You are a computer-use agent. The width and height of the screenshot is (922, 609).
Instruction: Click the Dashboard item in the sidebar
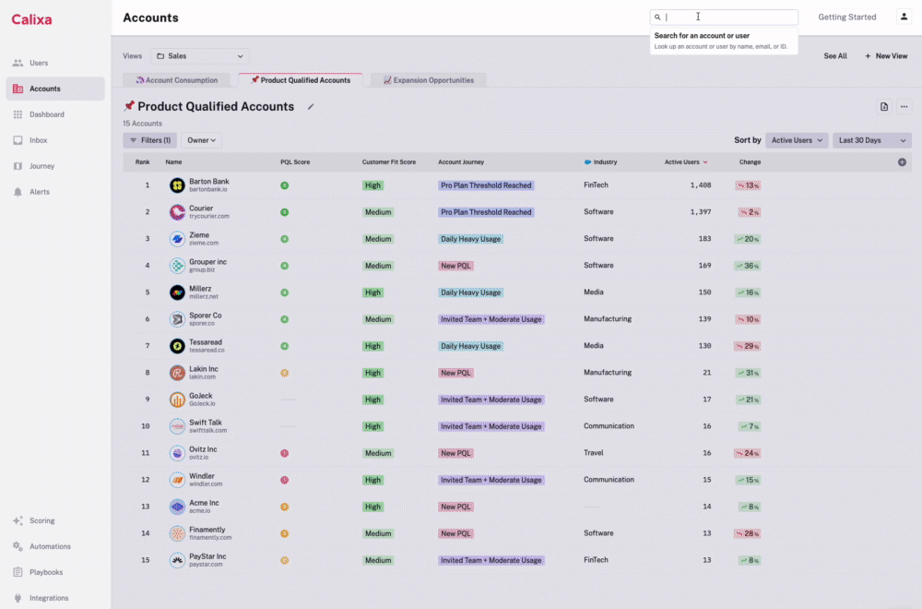click(46, 114)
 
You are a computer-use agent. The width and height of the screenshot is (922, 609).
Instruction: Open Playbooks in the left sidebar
click(45, 572)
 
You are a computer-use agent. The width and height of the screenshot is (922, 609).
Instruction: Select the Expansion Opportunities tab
click(429, 80)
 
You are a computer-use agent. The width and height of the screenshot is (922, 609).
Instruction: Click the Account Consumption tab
click(177, 80)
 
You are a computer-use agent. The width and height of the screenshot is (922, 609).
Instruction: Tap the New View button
click(886, 56)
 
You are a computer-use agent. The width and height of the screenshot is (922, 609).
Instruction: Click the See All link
click(835, 56)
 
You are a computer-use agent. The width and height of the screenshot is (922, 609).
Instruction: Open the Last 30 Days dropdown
click(871, 140)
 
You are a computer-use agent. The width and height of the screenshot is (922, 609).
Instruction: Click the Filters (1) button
click(149, 140)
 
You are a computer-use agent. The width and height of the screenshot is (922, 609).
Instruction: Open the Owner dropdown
click(202, 140)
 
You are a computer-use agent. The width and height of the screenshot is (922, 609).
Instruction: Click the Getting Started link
click(847, 18)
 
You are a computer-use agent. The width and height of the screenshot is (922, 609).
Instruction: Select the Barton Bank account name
click(208, 182)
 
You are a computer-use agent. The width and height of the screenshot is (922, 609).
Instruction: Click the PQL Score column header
click(295, 162)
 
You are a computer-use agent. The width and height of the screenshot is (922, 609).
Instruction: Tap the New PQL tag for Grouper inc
click(456, 266)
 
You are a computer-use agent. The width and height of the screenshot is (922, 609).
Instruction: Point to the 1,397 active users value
click(700, 212)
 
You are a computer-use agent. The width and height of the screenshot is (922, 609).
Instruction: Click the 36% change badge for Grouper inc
click(747, 266)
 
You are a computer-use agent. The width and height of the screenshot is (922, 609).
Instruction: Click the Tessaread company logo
click(177, 346)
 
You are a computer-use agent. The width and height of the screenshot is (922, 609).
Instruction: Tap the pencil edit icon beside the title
click(311, 107)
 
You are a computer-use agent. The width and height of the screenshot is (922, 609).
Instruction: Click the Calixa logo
click(31, 19)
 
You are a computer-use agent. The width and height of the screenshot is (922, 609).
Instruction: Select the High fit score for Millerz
click(372, 293)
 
